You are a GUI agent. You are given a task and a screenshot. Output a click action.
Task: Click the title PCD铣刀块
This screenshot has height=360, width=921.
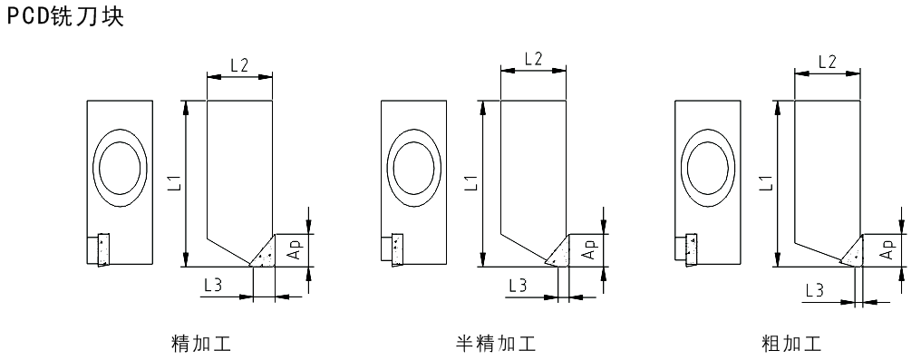click(x=65, y=15)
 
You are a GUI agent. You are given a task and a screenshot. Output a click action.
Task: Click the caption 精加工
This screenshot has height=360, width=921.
click(x=201, y=343)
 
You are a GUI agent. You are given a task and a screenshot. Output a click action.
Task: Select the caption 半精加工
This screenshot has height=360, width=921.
click(x=497, y=343)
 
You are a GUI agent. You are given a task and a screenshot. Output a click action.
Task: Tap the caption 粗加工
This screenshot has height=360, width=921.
click(x=790, y=343)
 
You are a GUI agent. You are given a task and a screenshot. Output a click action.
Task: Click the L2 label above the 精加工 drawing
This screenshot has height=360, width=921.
click(x=239, y=65)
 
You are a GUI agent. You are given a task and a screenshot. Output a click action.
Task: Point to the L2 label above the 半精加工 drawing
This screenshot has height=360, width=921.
click(x=533, y=59)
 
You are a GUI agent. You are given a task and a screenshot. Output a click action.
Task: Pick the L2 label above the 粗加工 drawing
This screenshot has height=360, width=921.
click(x=827, y=62)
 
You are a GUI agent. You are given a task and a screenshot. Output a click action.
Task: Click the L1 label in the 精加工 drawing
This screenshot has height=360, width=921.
click(x=179, y=182)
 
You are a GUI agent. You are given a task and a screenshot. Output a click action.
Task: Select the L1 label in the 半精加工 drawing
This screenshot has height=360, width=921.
click(x=472, y=182)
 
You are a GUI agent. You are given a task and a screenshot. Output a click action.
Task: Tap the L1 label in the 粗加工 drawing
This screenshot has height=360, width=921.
click(x=766, y=182)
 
